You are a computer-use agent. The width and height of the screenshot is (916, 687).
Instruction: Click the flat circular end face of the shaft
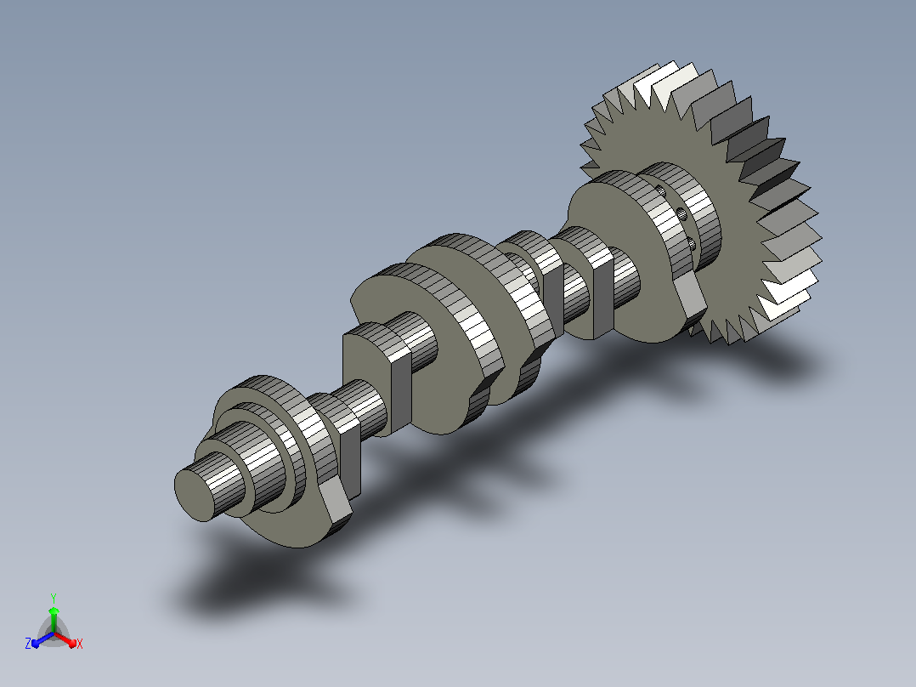[195, 495]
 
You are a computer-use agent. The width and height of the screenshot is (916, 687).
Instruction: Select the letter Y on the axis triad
[54, 599]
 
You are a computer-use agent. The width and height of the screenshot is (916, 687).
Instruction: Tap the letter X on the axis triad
[80, 644]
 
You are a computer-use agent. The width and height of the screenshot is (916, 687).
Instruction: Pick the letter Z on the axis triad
[28, 644]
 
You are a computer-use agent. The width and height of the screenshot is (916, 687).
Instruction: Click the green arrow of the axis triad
[54, 619]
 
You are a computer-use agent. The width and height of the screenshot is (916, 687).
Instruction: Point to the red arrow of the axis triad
[66, 640]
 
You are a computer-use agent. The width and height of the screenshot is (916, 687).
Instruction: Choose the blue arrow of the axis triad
[42, 640]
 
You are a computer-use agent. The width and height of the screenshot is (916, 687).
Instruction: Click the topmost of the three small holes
[661, 190]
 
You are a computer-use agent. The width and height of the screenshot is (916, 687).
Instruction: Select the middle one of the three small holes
[682, 213]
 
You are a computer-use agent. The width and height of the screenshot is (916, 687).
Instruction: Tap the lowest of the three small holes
[692, 243]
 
